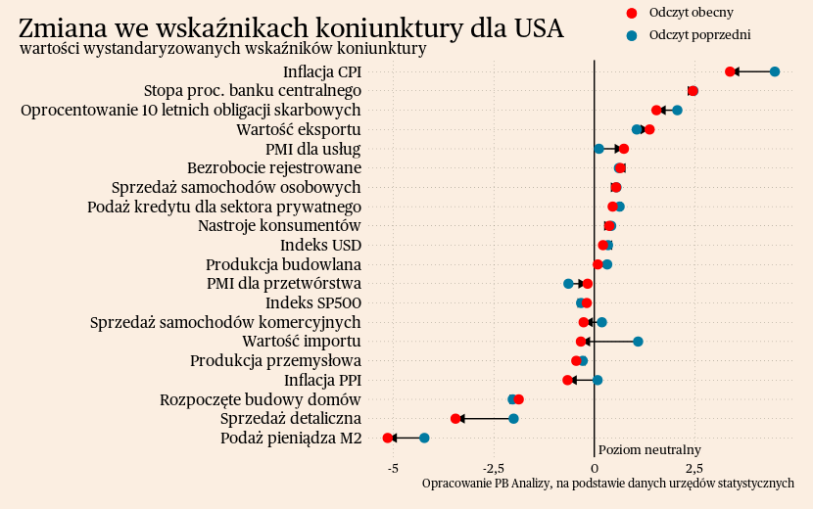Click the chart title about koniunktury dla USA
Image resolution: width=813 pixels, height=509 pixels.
click(x=291, y=27)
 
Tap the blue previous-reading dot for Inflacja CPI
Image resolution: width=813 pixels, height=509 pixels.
click(x=775, y=71)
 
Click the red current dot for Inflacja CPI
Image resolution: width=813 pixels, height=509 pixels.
click(x=730, y=71)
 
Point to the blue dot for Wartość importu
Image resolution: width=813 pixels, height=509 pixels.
click(x=638, y=342)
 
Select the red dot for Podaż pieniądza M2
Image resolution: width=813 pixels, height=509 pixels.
click(x=388, y=438)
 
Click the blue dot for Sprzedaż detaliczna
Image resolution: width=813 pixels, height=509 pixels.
click(x=513, y=419)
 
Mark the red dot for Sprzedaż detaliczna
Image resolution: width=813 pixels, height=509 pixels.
click(x=455, y=419)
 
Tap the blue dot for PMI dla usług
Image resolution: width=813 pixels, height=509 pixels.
click(x=598, y=149)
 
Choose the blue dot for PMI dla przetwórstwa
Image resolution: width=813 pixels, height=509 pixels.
click(x=568, y=284)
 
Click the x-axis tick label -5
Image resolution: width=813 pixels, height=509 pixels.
click(x=393, y=468)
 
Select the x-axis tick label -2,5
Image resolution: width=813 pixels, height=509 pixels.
click(x=494, y=468)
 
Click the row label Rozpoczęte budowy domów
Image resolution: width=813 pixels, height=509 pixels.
click(x=261, y=399)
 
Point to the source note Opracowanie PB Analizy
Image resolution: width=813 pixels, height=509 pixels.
click(x=607, y=484)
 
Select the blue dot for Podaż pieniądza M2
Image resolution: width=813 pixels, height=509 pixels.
click(x=424, y=438)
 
